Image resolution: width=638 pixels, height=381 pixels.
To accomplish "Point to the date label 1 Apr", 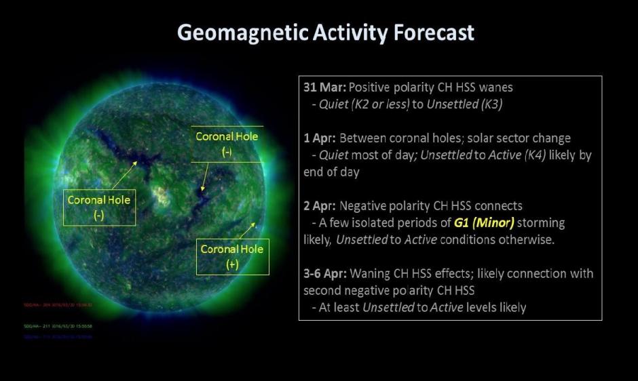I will pos(318,138).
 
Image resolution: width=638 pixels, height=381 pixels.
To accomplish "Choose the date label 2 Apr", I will pos(318,205).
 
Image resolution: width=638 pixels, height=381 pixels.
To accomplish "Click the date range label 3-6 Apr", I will pos(324,273).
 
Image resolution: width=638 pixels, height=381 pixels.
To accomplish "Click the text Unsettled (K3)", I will pos(459,105).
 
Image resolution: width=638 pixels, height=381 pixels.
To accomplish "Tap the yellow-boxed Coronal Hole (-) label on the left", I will pos(99,207).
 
